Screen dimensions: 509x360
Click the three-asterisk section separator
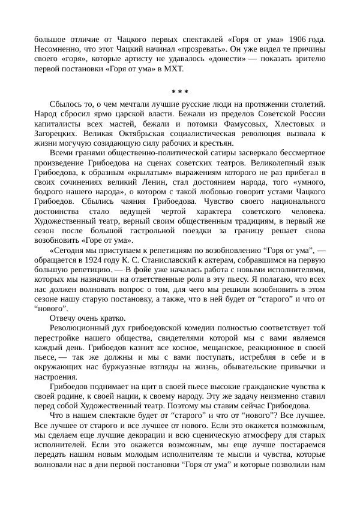pos(180,92)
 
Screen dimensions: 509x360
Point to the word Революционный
pos(80,328)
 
